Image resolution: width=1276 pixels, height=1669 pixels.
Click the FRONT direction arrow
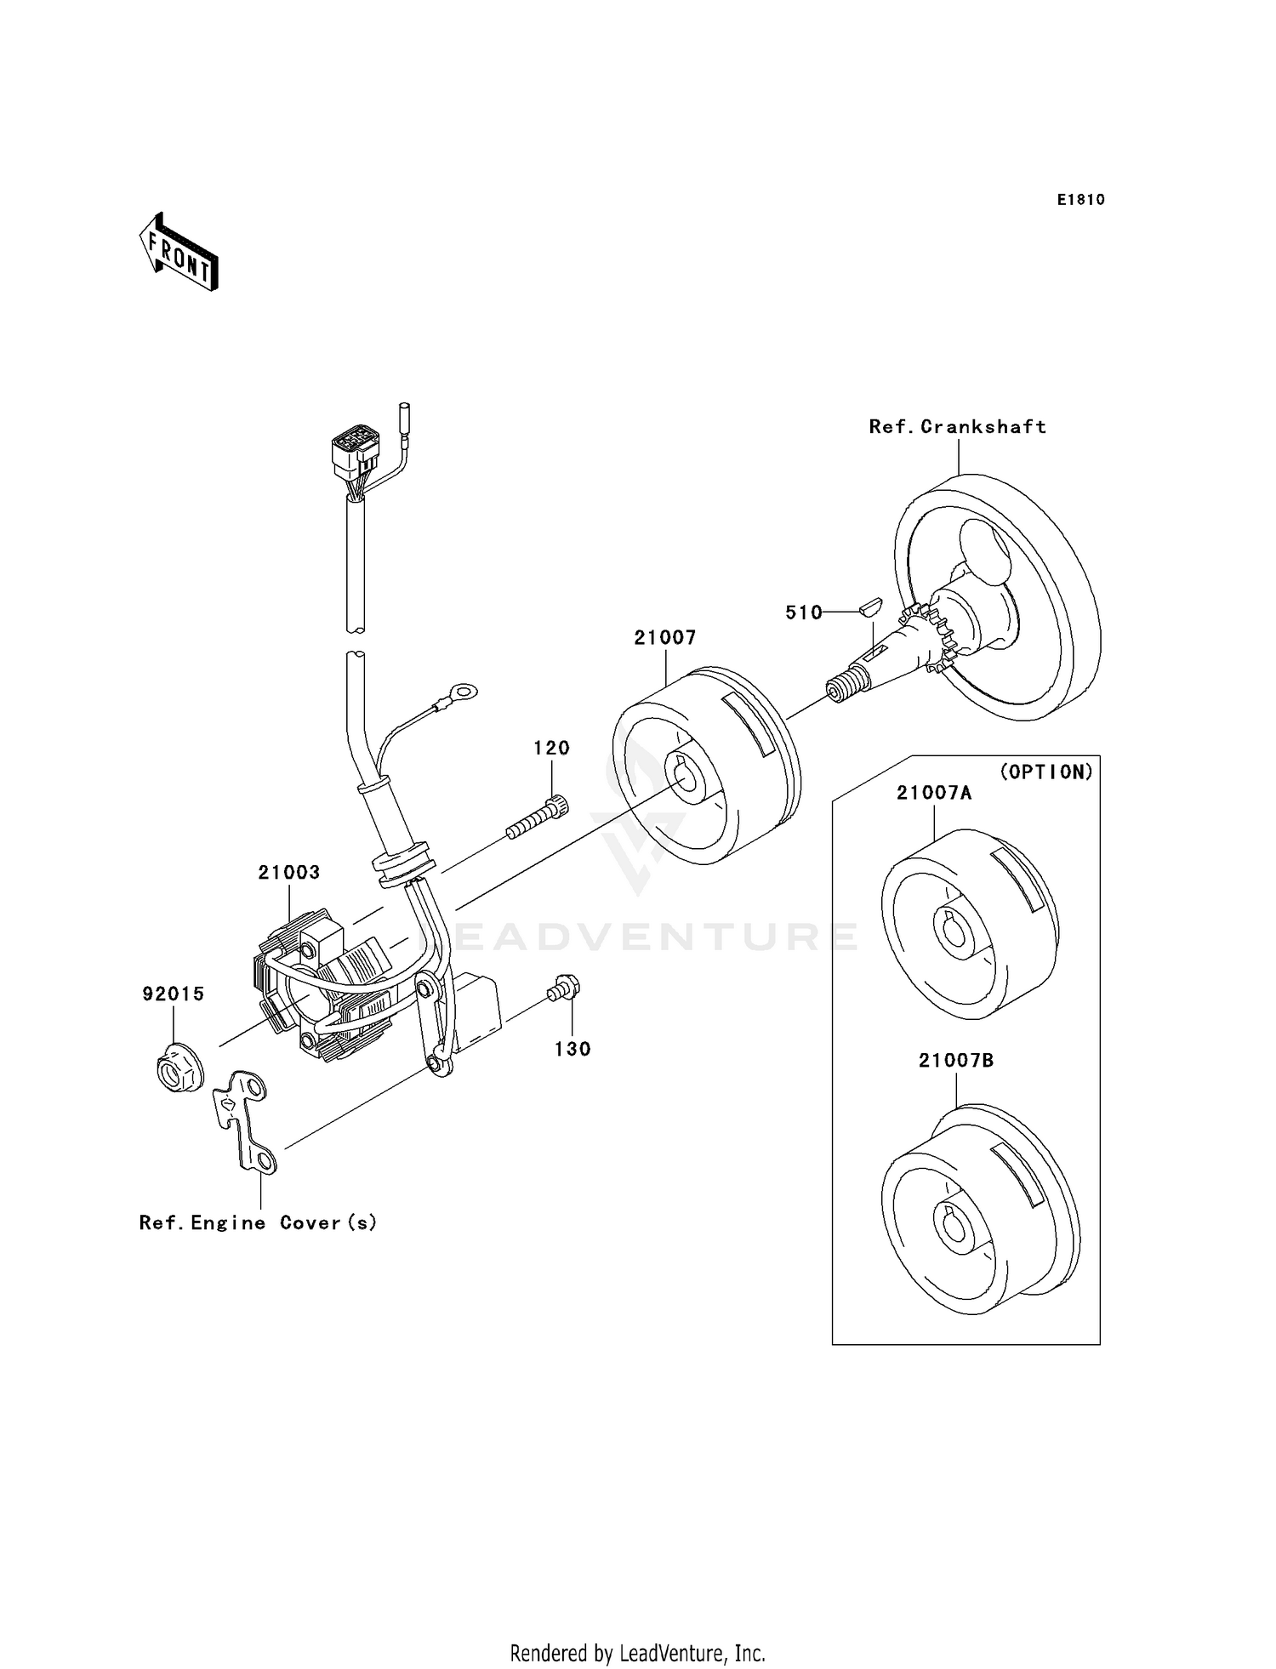coord(179,253)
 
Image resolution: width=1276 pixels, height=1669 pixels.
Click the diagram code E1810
coord(1080,200)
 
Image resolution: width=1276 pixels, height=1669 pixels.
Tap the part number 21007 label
coord(664,637)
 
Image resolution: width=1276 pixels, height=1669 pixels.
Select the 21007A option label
coord(933,793)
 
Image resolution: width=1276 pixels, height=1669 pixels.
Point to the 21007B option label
coord(955,1061)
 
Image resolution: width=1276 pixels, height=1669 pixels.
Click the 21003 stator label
coord(289,872)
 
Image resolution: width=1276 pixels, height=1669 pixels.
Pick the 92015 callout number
coord(173,994)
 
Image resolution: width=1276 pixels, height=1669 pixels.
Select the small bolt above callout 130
coord(564,988)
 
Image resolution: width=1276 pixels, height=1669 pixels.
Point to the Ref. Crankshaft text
coord(957,427)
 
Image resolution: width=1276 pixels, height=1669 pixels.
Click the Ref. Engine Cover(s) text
coord(258,1222)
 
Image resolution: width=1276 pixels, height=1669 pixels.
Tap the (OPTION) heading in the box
coord(1045,772)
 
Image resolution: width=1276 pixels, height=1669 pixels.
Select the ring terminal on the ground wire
coord(463,693)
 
